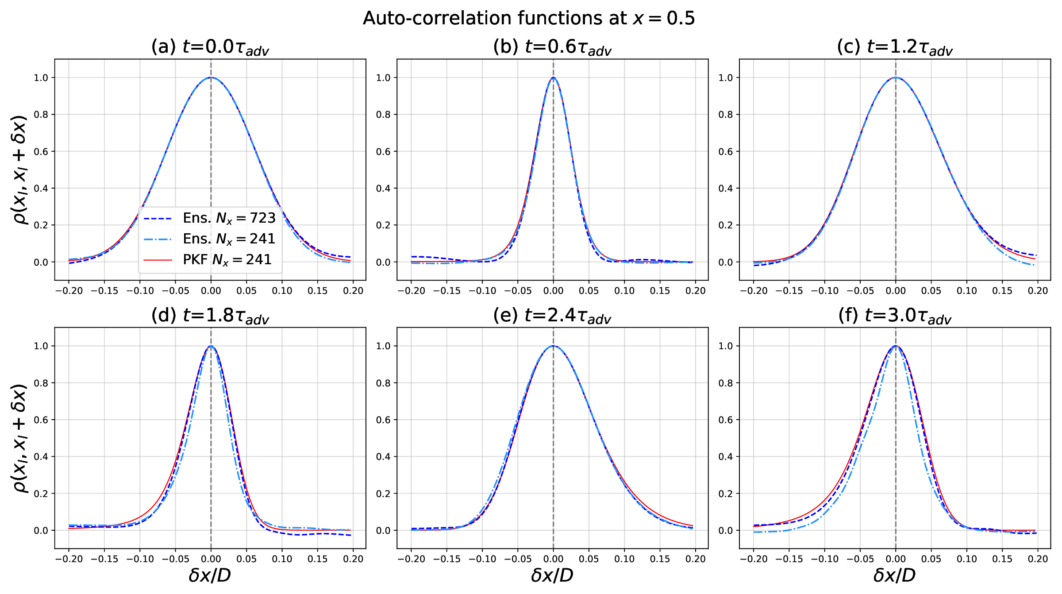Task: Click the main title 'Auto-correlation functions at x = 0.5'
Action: pos(529,19)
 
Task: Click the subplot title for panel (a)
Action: pos(210,47)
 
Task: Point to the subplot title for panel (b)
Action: pos(552,47)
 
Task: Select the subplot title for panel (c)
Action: pos(895,47)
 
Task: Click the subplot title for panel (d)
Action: pos(210,316)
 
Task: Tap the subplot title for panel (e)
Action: pos(552,316)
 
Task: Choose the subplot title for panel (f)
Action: pos(895,316)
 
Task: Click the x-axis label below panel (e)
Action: pos(552,575)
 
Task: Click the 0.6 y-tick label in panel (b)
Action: pos(383,152)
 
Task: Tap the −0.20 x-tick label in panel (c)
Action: pos(754,291)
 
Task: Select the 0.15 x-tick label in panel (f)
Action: pos(1002,559)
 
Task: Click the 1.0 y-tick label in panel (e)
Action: pos(383,346)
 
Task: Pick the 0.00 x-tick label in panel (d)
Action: pos(211,559)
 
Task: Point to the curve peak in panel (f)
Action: pos(896,346)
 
